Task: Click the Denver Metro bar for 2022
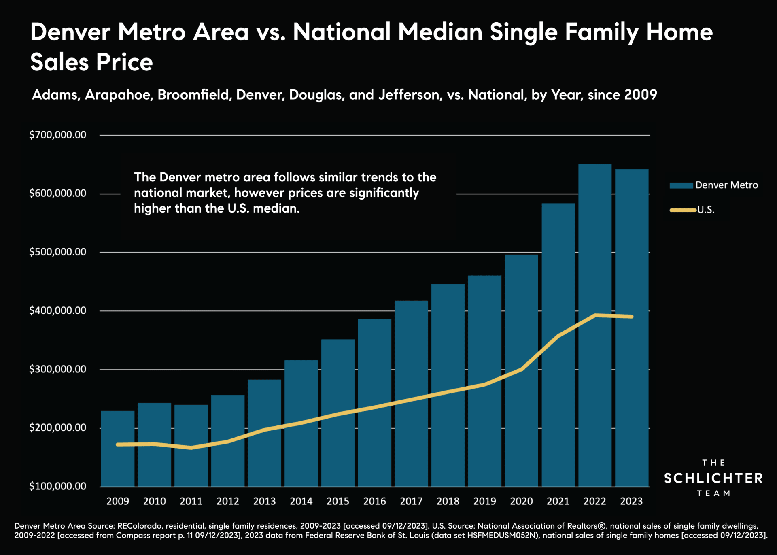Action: click(594, 324)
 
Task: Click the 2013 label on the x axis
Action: click(264, 501)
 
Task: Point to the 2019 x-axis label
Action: click(484, 501)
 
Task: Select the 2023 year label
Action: click(631, 501)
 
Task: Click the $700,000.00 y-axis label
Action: click(57, 135)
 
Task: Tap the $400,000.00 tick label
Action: click(57, 310)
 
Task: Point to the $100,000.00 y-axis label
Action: click(57, 486)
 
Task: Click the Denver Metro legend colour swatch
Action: click(681, 185)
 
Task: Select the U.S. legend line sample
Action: click(683, 210)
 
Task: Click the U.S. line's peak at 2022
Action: click(595, 315)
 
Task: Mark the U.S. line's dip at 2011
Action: click(191, 448)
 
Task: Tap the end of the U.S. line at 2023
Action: click(631, 317)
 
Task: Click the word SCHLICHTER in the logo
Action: click(713, 478)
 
